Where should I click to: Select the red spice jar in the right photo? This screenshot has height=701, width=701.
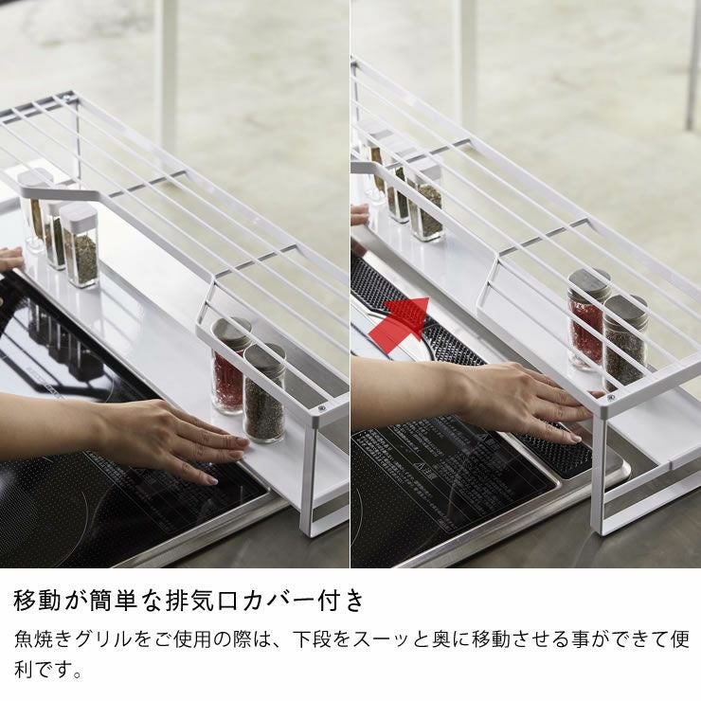pos(587,322)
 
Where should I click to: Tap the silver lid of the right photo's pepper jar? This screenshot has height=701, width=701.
pos(626,306)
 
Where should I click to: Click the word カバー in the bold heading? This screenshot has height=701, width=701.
pos(298,600)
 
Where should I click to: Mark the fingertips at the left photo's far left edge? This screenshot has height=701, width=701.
pos(9,261)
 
